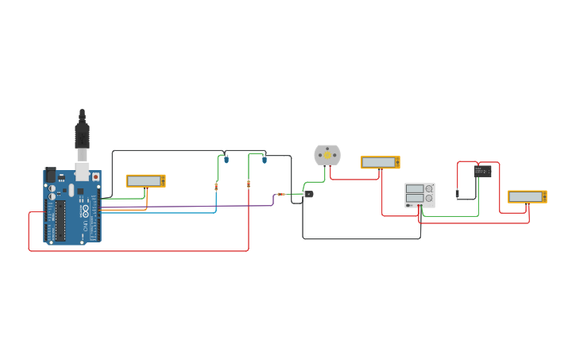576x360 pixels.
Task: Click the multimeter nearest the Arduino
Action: (x=145, y=181)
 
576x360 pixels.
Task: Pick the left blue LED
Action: (x=226, y=160)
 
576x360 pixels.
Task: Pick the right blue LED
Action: (x=265, y=160)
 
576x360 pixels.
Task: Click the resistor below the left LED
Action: (x=216, y=187)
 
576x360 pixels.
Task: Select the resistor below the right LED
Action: (x=249, y=184)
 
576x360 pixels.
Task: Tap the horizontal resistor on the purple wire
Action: (x=281, y=194)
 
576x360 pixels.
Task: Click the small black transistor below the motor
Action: (x=308, y=194)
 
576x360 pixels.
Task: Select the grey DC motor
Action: (x=327, y=155)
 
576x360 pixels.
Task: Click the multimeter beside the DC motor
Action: (x=380, y=162)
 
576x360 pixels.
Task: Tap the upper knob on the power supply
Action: (x=429, y=188)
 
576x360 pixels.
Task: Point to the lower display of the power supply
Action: (x=415, y=199)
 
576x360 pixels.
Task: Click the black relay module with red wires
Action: (x=483, y=171)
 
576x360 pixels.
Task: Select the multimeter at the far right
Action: (x=528, y=196)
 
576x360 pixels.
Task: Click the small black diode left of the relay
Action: (x=458, y=193)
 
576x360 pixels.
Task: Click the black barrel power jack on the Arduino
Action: (x=50, y=174)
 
